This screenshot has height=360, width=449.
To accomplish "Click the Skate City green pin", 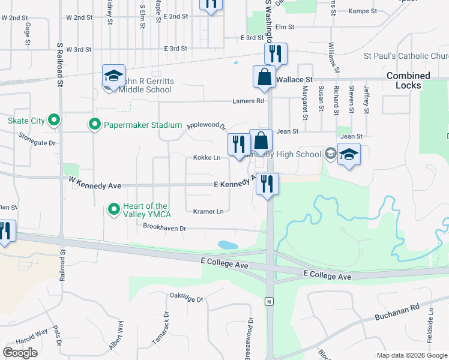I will tap(54, 121).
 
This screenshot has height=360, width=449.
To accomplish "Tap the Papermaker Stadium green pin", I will tap(94, 125).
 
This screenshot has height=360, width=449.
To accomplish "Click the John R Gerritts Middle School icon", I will tap(113, 76).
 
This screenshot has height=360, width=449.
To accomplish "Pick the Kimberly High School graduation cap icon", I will tap(349, 154).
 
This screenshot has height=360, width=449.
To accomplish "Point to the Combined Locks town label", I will tap(408, 80).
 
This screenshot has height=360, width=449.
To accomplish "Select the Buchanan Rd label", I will tap(397, 312).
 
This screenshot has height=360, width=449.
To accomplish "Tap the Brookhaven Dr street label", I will tap(165, 227).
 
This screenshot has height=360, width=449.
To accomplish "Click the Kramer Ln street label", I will tap(208, 211).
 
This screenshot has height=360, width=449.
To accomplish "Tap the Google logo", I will tap(20, 353).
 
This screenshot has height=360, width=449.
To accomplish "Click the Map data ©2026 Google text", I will tap(411, 355).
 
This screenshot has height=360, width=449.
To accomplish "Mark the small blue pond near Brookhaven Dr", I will tap(228, 245).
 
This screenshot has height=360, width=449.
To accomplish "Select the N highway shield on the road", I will tap(270, 301).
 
